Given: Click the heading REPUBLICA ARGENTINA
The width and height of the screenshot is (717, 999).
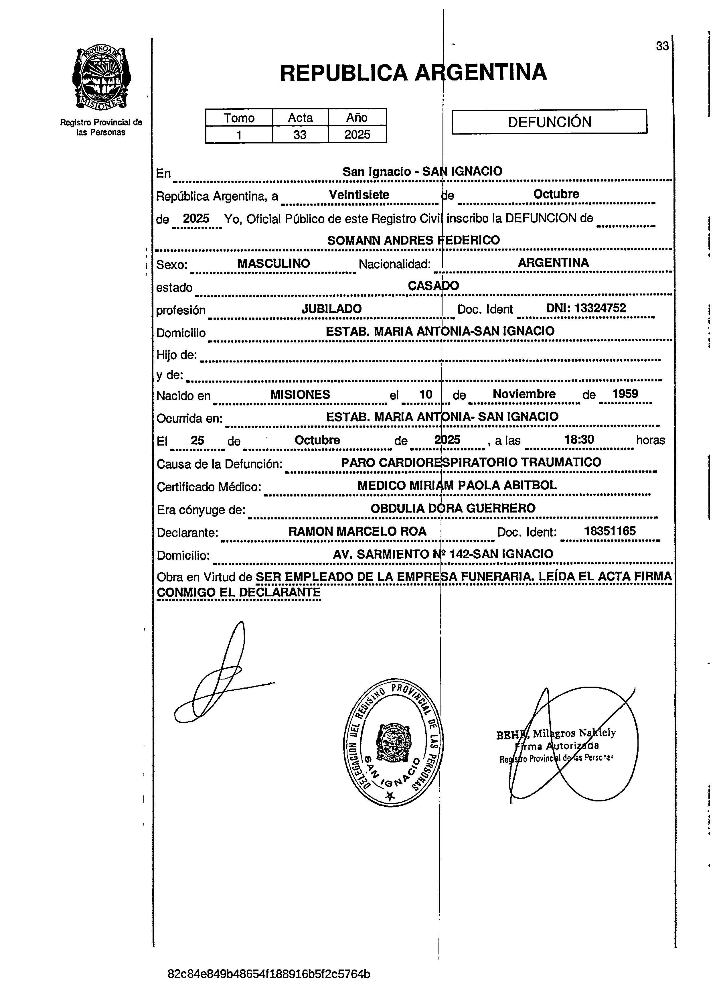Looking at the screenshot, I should (413, 73).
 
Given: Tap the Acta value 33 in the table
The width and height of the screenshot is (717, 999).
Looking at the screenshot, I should (300, 134).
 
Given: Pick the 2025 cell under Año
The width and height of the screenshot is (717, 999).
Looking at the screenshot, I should (357, 134).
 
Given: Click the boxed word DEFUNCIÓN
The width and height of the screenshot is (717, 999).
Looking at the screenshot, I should (549, 122).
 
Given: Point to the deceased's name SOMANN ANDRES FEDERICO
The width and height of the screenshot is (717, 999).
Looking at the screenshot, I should (413, 240).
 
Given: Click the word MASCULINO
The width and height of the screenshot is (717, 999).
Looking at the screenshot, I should (274, 263).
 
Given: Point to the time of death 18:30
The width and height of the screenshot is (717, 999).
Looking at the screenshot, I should (579, 439).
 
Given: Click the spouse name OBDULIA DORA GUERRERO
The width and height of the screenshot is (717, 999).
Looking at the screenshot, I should (453, 508).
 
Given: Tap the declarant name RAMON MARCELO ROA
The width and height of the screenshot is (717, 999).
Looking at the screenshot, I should (357, 531).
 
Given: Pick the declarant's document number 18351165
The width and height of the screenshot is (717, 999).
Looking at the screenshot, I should (610, 531).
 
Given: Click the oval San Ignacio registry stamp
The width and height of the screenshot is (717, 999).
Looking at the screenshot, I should (393, 742).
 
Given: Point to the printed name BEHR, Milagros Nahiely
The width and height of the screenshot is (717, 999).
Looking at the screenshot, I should (556, 733).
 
